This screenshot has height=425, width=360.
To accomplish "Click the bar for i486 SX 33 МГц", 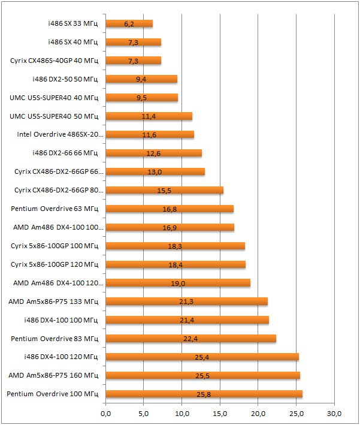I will (x=129, y=23).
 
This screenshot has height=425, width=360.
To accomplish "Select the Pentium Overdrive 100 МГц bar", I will (x=204, y=394).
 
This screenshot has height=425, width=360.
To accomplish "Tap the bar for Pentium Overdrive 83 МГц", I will (x=190, y=339).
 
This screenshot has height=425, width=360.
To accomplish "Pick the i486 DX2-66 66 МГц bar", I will (x=153, y=153).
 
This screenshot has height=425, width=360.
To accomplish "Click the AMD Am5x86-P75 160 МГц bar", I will (x=202, y=375).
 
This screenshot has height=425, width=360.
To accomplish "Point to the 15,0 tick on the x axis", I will (x=220, y=414).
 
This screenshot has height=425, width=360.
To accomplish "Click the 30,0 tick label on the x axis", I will (x=334, y=414).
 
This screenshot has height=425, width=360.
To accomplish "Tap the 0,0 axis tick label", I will (x=105, y=414).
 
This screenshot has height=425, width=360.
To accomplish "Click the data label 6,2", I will (x=129, y=24).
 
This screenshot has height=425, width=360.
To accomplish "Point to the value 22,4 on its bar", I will (x=190, y=339).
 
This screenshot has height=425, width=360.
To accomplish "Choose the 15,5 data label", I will (x=165, y=191).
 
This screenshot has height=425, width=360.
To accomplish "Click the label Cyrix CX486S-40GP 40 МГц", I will (x=55, y=61).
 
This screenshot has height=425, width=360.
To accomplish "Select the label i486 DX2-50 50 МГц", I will (x=66, y=79).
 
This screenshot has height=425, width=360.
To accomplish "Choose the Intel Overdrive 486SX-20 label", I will (x=60, y=135).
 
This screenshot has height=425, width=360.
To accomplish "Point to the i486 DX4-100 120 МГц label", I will (x=62, y=357).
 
